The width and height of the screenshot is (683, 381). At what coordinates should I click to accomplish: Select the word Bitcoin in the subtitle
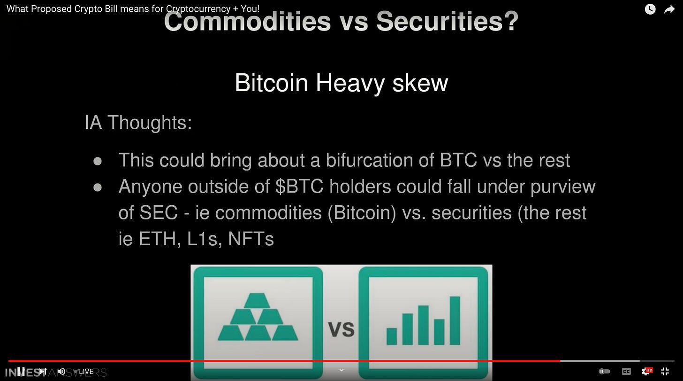coord(271,83)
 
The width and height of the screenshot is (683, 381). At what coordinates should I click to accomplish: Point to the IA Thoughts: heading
coord(138,123)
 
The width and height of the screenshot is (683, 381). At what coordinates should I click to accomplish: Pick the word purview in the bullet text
coord(563,187)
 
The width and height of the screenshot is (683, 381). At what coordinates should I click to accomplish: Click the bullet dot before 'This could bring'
coord(98,161)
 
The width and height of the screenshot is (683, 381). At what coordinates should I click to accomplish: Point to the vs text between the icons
coord(341,328)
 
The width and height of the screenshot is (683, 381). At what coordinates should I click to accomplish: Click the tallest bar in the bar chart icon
coord(455,320)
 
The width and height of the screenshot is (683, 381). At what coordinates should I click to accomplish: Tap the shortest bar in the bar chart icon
coord(392,336)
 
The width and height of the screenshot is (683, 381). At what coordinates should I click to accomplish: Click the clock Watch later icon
coord(650,9)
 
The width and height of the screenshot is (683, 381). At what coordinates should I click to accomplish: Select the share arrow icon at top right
coord(669,9)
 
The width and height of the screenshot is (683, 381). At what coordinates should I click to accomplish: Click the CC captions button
coord(626,371)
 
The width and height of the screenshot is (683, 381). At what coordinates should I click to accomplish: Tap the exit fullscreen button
coord(665,371)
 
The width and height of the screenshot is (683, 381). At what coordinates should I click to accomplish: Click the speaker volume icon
coord(61,371)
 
